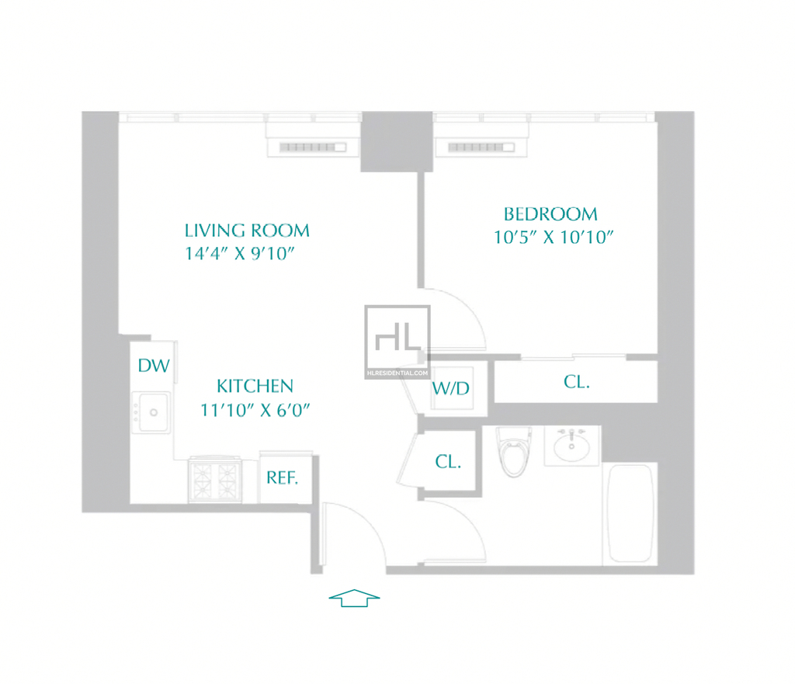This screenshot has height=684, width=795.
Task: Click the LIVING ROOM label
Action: pyautogui.click(x=247, y=231)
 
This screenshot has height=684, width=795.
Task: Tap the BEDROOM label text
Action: pyautogui.click(x=550, y=214)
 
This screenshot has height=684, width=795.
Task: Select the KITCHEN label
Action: pyautogui.click(x=255, y=387)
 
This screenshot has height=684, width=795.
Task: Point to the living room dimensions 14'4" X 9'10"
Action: pyautogui.click(x=240, y=254)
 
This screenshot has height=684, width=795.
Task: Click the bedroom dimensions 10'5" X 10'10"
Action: pyautogui.click(x=554, y=238)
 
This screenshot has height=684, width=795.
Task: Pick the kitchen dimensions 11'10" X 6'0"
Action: pyautogui.click(x=255, y=410)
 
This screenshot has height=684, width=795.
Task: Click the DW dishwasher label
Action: pyautogui.click(x=154, y=366)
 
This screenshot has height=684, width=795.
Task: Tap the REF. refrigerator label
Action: pyautogui.click(x=283, y=477)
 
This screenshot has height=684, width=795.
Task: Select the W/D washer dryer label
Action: pyautogui.click(x=451, y=389)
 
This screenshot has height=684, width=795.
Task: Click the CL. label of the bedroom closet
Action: pyautogui.click(x=577, y=382)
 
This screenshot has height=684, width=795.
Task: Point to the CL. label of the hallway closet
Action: pyautogui.click(x=448, y=461)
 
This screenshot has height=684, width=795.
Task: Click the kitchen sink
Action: pyautogui.click(x=151, y=412)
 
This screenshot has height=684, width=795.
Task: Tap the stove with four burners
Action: pyautogui.click(x=215, y=480)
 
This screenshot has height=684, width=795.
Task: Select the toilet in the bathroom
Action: pyautogui.click(x=514, y=451)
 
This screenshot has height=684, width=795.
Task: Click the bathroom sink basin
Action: pyautogui.click(x=571, y=446)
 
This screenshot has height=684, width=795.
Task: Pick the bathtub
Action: pyautogui.click(x=630, y=514)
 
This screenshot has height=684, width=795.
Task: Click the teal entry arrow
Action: pyautogui.click(x=354, y=599)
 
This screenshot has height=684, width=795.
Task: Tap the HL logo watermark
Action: pyautogui.click(x=397, y=342)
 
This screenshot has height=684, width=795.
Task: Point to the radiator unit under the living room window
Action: pyautogui.click(x=313, y=147)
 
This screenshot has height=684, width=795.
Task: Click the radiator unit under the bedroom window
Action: pyautogui.click(x=481, y=147)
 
